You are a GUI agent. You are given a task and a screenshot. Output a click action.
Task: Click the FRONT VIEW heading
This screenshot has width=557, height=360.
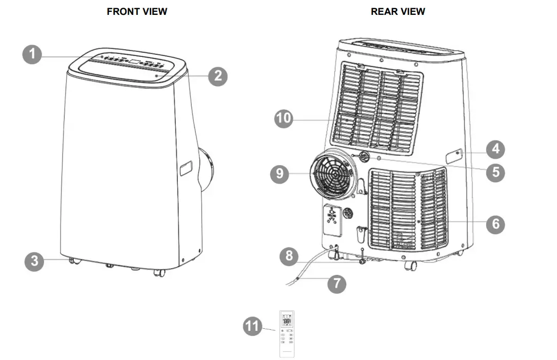coord(137,11)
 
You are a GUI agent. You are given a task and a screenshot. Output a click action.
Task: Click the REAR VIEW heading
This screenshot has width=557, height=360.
coord(398,11)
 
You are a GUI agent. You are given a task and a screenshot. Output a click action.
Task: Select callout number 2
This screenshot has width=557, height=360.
coord(218,76)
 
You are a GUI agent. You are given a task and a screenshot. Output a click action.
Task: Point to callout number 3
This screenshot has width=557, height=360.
coord(34,261)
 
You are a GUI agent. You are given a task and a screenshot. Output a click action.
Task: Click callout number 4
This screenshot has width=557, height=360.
coord(495,150)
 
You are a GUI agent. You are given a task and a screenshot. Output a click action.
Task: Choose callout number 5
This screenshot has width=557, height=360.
coord(495,172)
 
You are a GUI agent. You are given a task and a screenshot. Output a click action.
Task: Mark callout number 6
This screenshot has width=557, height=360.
coord(496,224)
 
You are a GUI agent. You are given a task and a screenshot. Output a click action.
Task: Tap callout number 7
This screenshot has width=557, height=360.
coord(337,284)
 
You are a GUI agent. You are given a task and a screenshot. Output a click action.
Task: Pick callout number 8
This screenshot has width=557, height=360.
coord(290,255)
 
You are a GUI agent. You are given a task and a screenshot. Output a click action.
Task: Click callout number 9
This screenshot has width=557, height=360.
coord(280,173)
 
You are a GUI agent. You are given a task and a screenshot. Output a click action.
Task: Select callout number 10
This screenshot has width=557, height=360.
coord(283,118)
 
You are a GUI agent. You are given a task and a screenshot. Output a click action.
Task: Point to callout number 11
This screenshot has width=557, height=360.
coord(252,327)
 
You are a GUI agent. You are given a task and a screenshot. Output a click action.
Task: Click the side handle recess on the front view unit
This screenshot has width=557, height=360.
coord(186,168)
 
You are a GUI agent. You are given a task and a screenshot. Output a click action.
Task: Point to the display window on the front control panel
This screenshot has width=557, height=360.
coord(134,62)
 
